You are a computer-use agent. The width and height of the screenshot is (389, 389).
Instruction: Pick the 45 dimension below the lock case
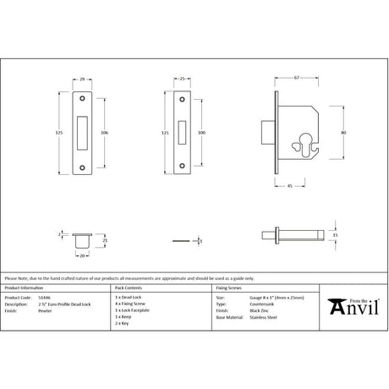291,187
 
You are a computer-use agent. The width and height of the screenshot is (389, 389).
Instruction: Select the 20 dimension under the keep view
81,252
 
